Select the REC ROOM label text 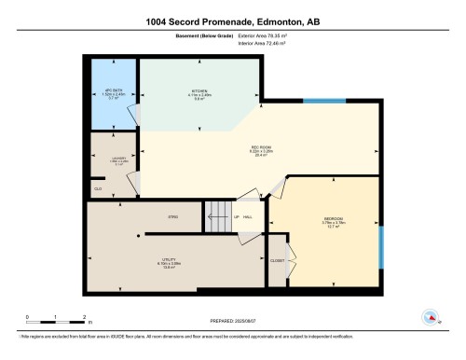(x=260, y=146)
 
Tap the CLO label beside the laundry (x=97, y=189)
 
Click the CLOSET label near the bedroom (x=277, y=261)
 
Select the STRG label (x=172, y=216)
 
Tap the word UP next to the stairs (x=238, y=217)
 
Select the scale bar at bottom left (x=55, y=319)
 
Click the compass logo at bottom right (x=430, y=315)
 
